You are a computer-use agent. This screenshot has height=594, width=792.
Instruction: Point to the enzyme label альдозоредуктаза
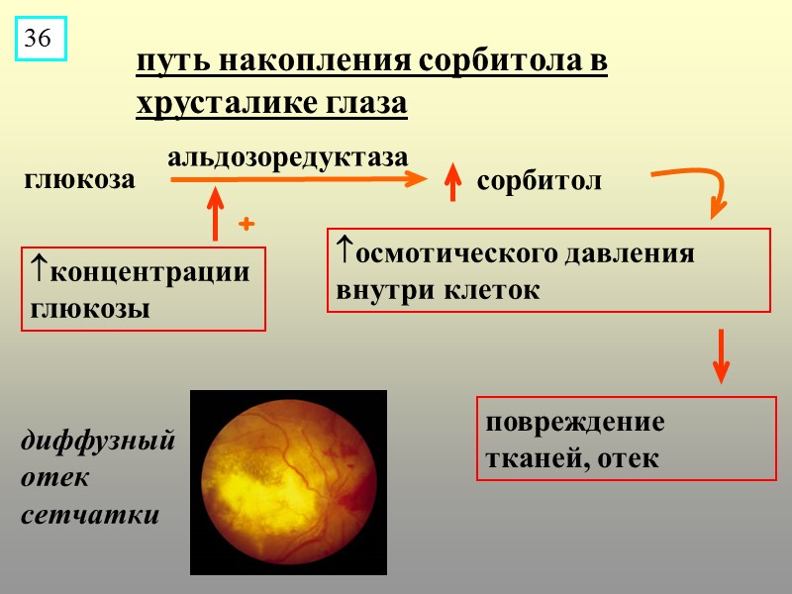pyautogui.click(x=288, y=157)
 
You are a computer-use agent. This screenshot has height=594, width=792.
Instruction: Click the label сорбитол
pyautogui.click(x=539, y=182)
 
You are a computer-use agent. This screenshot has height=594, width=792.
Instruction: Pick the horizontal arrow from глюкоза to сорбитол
pyautogui.click(x=297, y=179)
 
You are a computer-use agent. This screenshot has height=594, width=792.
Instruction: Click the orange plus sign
pyautogui.click(x=247, y=226)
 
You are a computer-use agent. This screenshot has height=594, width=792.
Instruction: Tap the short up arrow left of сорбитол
pyautogui.click(x=453, y=182)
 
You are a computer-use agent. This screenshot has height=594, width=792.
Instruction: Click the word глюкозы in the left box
pyautogui.click(x=90, y=308)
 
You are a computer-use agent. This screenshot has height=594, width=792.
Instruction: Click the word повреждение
pyautogui.click(x=574, y=423)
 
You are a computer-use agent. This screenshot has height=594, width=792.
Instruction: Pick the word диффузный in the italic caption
pyautogui.click(x=97, y=441)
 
